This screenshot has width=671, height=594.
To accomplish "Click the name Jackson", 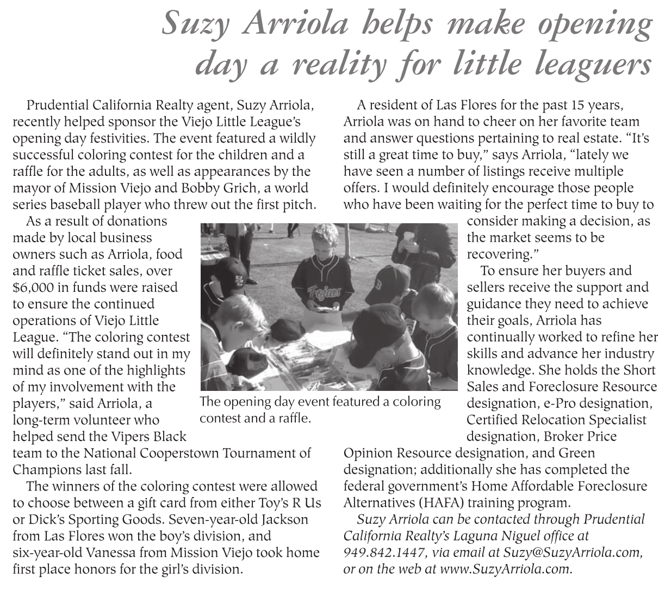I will pos(280,519).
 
